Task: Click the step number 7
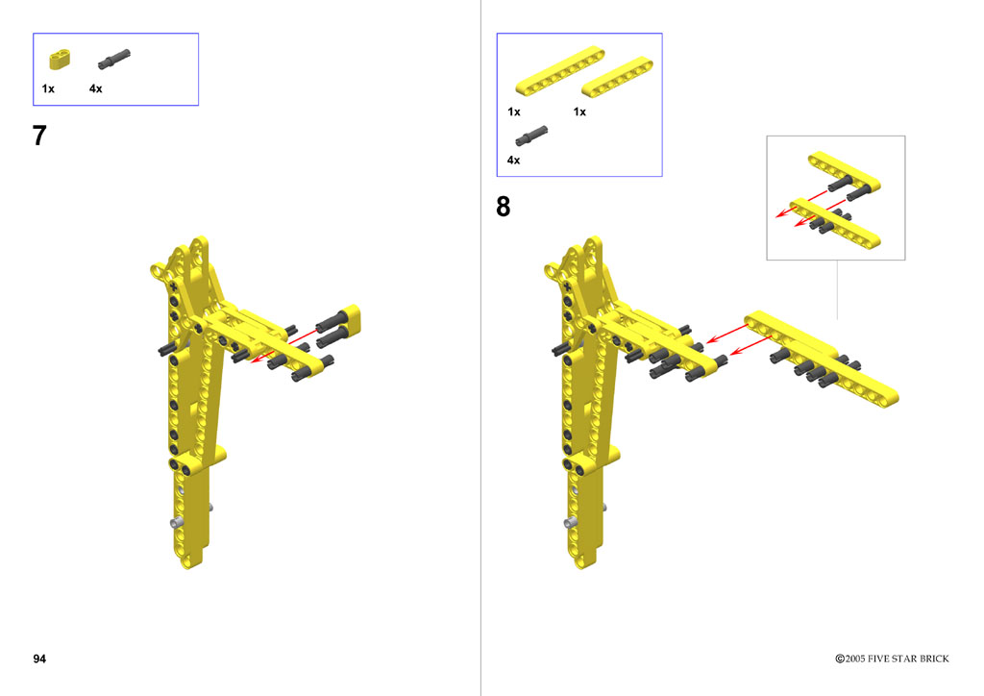(x=39, y=136)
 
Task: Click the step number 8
(x=504, y=207)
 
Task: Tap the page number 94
(x=39, y=659)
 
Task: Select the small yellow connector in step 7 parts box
(x=60, y=60)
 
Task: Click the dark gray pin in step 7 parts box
(x=113, y=59)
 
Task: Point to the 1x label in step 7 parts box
(x=48, y=88)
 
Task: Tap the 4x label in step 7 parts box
(x=95, y=88)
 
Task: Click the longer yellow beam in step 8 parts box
(x=560, y=71)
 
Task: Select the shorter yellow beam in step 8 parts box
(x=618, y=79)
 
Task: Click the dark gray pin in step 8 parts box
(x=531, y=137)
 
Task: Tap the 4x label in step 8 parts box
(x=513, y=160)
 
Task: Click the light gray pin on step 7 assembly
(x=178, y=522)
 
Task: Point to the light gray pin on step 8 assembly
(x=571, y=522)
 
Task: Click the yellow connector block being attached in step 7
(x=350, y=319)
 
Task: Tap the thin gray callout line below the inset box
(x=837, y=290)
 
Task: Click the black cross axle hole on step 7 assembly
(x=173, y=286)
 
